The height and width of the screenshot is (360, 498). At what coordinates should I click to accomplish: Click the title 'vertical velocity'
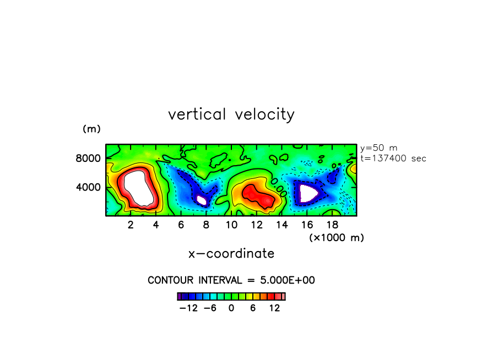(231, 114)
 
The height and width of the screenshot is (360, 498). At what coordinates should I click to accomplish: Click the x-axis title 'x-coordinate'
(231, 254)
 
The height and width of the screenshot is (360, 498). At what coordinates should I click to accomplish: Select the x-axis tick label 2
(131, 225)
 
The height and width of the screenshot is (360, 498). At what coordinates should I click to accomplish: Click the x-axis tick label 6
(181, 225)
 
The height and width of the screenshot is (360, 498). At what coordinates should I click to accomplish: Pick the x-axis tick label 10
(231, 225)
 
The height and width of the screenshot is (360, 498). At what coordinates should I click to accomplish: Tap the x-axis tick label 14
(282, 225)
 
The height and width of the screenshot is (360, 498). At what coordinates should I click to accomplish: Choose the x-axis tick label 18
(332, 225)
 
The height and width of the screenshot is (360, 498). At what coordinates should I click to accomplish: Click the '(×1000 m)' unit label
(336, 237)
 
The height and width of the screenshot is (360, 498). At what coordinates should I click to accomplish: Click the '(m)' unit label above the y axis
(91, 129)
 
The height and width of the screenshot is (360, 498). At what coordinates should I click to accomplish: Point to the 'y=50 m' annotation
(378, 148)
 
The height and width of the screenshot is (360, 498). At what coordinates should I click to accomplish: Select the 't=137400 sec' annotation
(393, 159)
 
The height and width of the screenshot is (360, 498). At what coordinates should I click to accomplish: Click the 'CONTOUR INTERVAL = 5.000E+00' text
(231, 280)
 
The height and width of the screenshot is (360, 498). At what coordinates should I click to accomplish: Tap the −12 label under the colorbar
(189, 308)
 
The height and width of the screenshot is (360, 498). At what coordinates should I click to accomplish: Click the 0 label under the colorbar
(231, 308)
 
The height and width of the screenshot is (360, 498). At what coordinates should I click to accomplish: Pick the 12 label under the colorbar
(274, 308)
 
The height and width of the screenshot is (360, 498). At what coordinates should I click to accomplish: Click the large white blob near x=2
(138, 188)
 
